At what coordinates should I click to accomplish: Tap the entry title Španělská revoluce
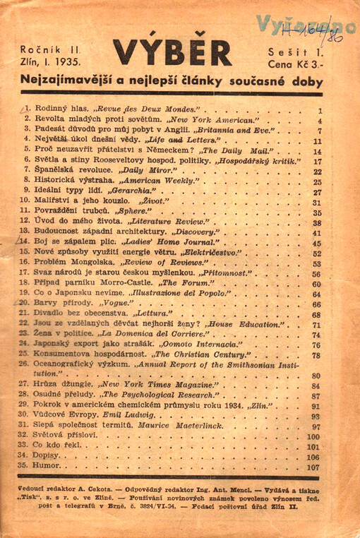[x=65, y=172]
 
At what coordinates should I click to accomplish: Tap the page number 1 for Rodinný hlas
[x=320, y=111]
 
